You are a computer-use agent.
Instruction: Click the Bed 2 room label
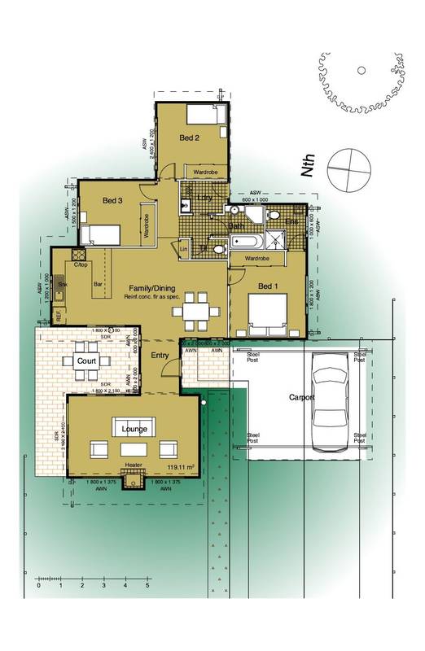click(191, 138)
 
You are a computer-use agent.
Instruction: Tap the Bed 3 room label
click(113, 199)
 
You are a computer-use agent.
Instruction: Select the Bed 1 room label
click(269, 286)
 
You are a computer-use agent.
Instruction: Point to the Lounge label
click(133, 427)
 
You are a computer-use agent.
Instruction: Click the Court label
click(85, 360)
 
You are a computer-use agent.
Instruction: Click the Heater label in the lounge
click(133, 466)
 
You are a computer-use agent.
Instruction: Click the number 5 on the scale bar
click(147, 585)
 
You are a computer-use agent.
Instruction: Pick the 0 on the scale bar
click(38, 585)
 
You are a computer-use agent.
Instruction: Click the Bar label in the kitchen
click(98, 285)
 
